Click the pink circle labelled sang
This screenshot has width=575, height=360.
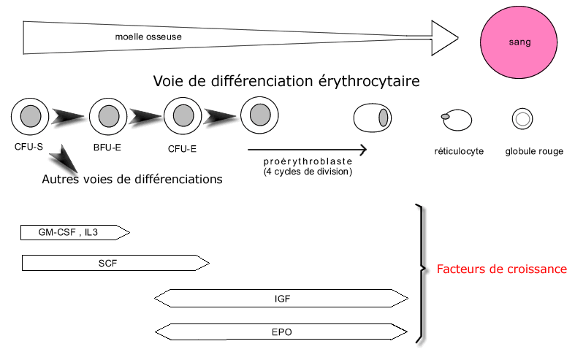click(519, 42)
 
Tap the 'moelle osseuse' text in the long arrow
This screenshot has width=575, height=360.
click(148, 37)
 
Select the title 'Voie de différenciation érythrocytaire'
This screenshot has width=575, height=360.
click(286, 80)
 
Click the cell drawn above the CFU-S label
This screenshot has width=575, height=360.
click(30, 115)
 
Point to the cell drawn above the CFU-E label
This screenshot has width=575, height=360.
click(183, 115)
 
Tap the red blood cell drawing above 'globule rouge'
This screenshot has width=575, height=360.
click(523, 118)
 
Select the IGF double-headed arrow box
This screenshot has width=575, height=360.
click(281, 298)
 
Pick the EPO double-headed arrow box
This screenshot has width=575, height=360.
click(281, 332)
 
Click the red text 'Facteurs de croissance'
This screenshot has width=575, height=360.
click(501, 269)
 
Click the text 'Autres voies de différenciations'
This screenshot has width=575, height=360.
click(132, 178)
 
